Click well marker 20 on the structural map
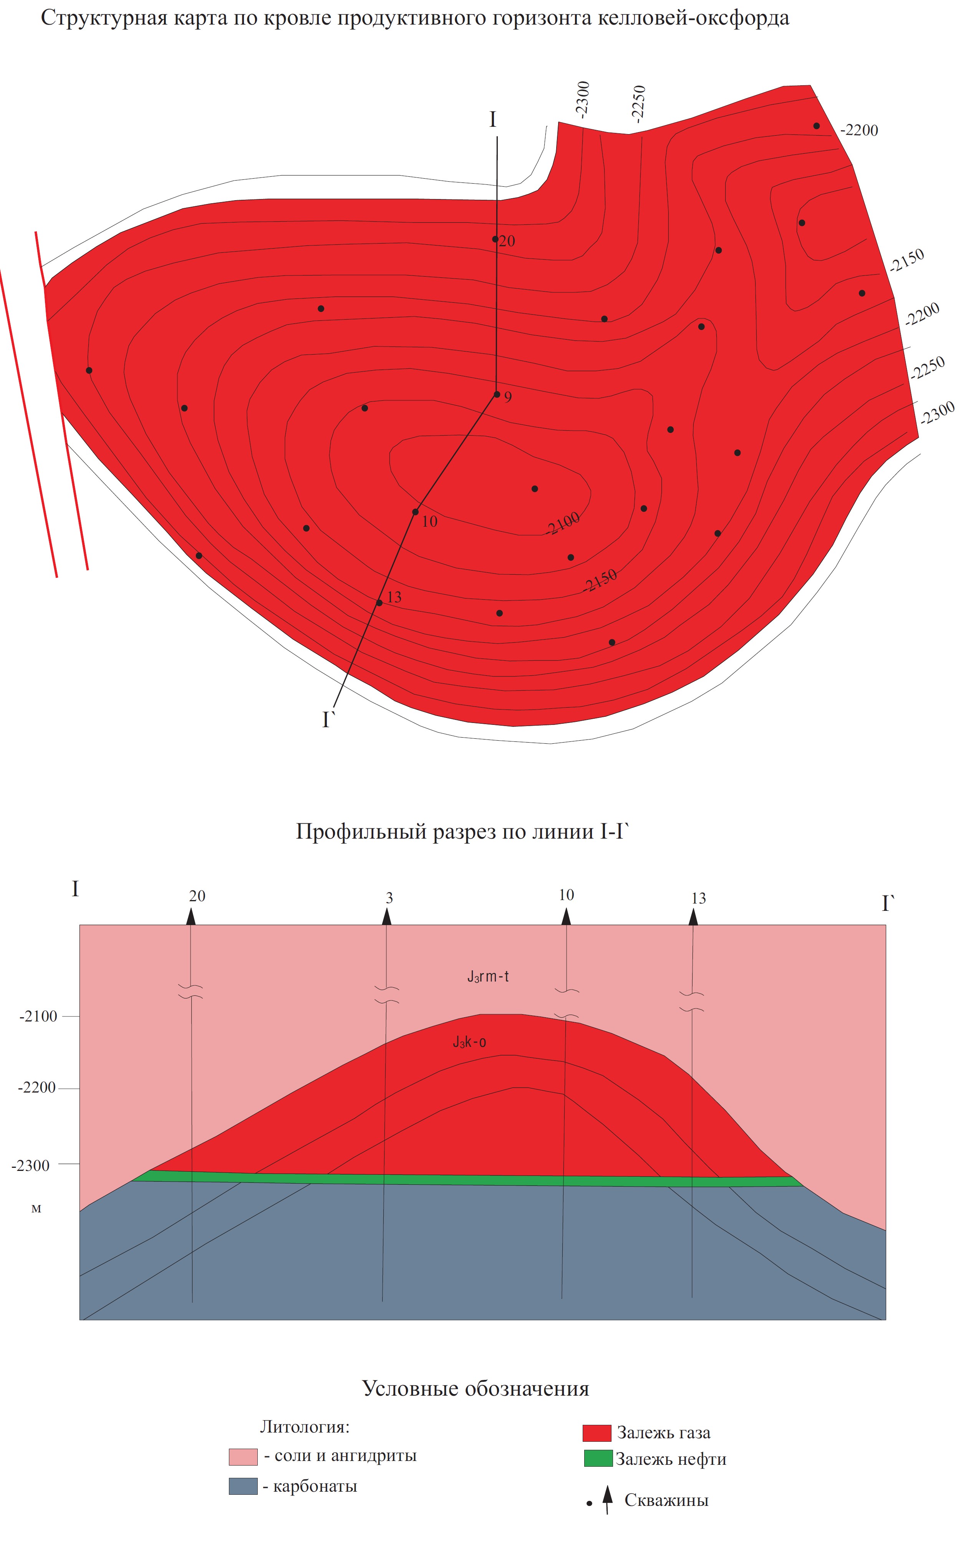click(x=495, y=239)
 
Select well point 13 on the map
click(x=379, y=602)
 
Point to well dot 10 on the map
click(x=416, y=512)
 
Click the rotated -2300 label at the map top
click(x=582, y=99)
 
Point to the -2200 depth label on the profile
click(x=37, y=1088)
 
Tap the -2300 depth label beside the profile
click(x=31, y=1166)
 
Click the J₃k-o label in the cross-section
click(x=469, y=1042)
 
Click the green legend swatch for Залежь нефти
click(x=598, y=1458)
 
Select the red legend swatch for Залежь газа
click(x=597, y=1433)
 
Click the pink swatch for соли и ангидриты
click(x=243, y=1456)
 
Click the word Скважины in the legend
click(x=666, y=1501)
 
